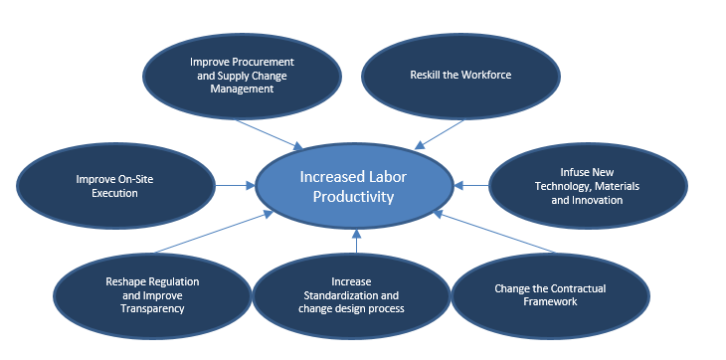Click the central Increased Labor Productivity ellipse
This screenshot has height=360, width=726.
356,186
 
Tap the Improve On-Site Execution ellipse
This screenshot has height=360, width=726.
114,186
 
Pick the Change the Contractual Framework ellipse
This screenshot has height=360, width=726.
550,294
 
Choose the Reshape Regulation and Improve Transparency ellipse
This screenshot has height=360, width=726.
152,294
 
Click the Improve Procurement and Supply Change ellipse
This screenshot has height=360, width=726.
242,75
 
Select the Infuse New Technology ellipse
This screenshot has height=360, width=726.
587,186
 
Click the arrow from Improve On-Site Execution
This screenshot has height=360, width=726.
235,185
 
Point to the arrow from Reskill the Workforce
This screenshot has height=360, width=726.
440,134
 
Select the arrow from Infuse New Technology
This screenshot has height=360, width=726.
472,185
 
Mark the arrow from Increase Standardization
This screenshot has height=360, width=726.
356,244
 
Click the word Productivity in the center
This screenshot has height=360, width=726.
356,196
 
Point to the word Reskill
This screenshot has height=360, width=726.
427,76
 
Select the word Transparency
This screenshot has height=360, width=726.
152,307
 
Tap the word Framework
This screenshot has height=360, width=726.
550,301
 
